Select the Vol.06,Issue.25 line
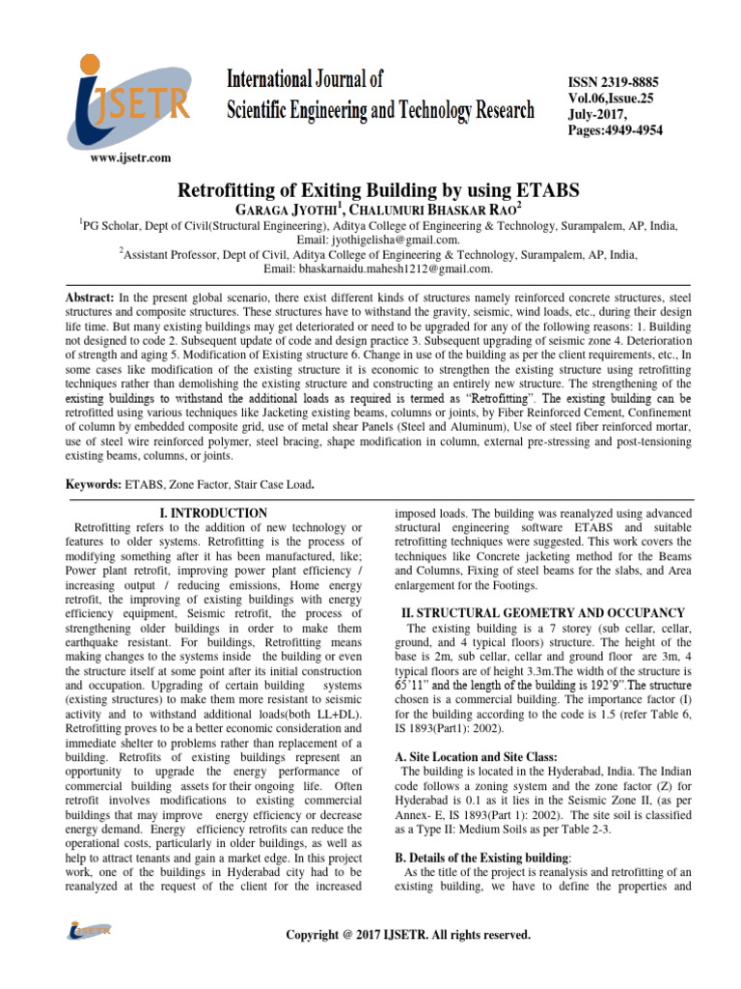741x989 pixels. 604,99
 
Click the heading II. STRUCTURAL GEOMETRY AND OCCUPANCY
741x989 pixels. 542,612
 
